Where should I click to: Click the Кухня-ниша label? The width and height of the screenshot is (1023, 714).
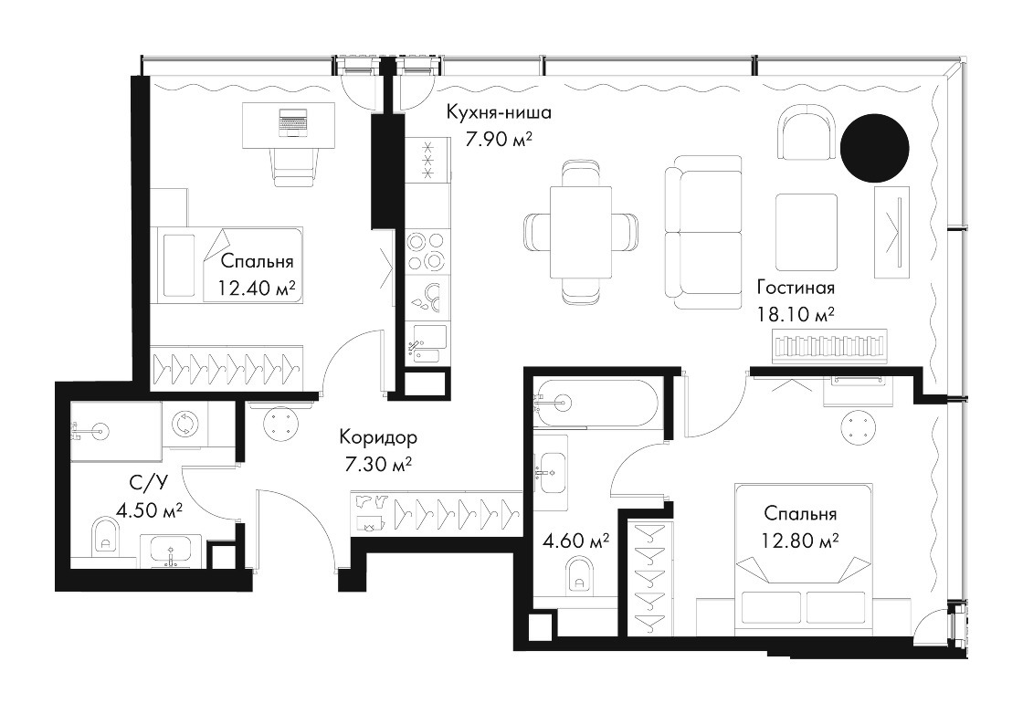pos(499,112)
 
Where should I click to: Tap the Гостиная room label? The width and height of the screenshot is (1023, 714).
pos(796,287)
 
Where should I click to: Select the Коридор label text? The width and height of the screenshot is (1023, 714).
pos(378,437)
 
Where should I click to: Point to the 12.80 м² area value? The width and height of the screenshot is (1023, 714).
pos(800,541)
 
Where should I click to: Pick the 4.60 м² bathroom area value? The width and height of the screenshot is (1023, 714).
pos(576,541)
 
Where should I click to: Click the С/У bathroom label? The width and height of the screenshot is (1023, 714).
pos(149,482)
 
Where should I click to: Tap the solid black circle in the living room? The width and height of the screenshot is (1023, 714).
pos(874,148)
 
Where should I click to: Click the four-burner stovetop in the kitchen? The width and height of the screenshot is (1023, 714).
pos(427,251)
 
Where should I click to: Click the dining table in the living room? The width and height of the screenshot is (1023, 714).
pos(581,232)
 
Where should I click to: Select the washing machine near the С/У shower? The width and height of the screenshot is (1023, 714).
pos(185,425)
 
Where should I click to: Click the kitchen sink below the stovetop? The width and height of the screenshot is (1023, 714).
pos(427,344)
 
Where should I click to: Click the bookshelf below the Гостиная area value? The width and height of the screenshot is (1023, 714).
pos(830,346)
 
